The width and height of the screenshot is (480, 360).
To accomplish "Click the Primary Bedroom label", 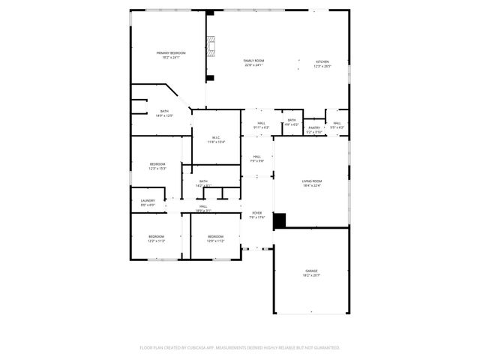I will [x=171, y=52].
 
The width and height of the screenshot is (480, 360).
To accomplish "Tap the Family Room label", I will [x=253, y=61].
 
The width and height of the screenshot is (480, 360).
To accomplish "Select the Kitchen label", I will [x=322, y=61].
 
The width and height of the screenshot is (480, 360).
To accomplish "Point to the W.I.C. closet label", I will [x=216, y=137].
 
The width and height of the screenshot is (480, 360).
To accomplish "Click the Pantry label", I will [x=315, y=127].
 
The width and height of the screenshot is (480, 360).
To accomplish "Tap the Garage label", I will [x=311, y=271].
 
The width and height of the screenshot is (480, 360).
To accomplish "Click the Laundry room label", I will [x=148, y=200].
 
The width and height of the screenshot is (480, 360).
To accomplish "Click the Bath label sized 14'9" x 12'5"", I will [x=164, y=112].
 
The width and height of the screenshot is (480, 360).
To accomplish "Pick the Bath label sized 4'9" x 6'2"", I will [x=291, y=120].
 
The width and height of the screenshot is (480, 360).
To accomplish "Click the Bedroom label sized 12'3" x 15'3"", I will [x=157, y=164].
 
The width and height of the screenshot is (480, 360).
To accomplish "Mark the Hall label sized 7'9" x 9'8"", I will [x=256, y=157].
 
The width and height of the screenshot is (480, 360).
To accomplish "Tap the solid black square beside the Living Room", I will [x=279, y=220].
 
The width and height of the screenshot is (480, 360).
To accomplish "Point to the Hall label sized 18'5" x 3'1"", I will [x=203, y=206].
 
